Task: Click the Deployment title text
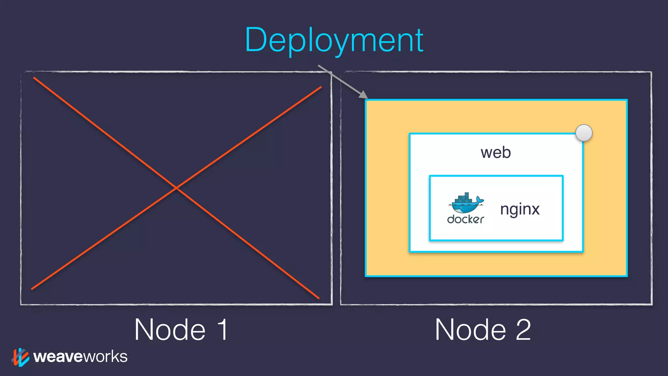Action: [334, 40]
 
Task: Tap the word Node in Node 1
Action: [170, 330]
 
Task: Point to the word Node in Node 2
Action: [471, 330]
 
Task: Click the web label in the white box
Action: [495, 152]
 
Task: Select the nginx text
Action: [520, 209]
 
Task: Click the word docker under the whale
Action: [465, 219]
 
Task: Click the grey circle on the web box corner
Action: [584, 133]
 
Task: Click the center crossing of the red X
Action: [176, 188]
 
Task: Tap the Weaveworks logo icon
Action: [21, 357]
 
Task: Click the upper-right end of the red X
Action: [321, 87]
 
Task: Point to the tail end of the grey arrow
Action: [319, 66]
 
